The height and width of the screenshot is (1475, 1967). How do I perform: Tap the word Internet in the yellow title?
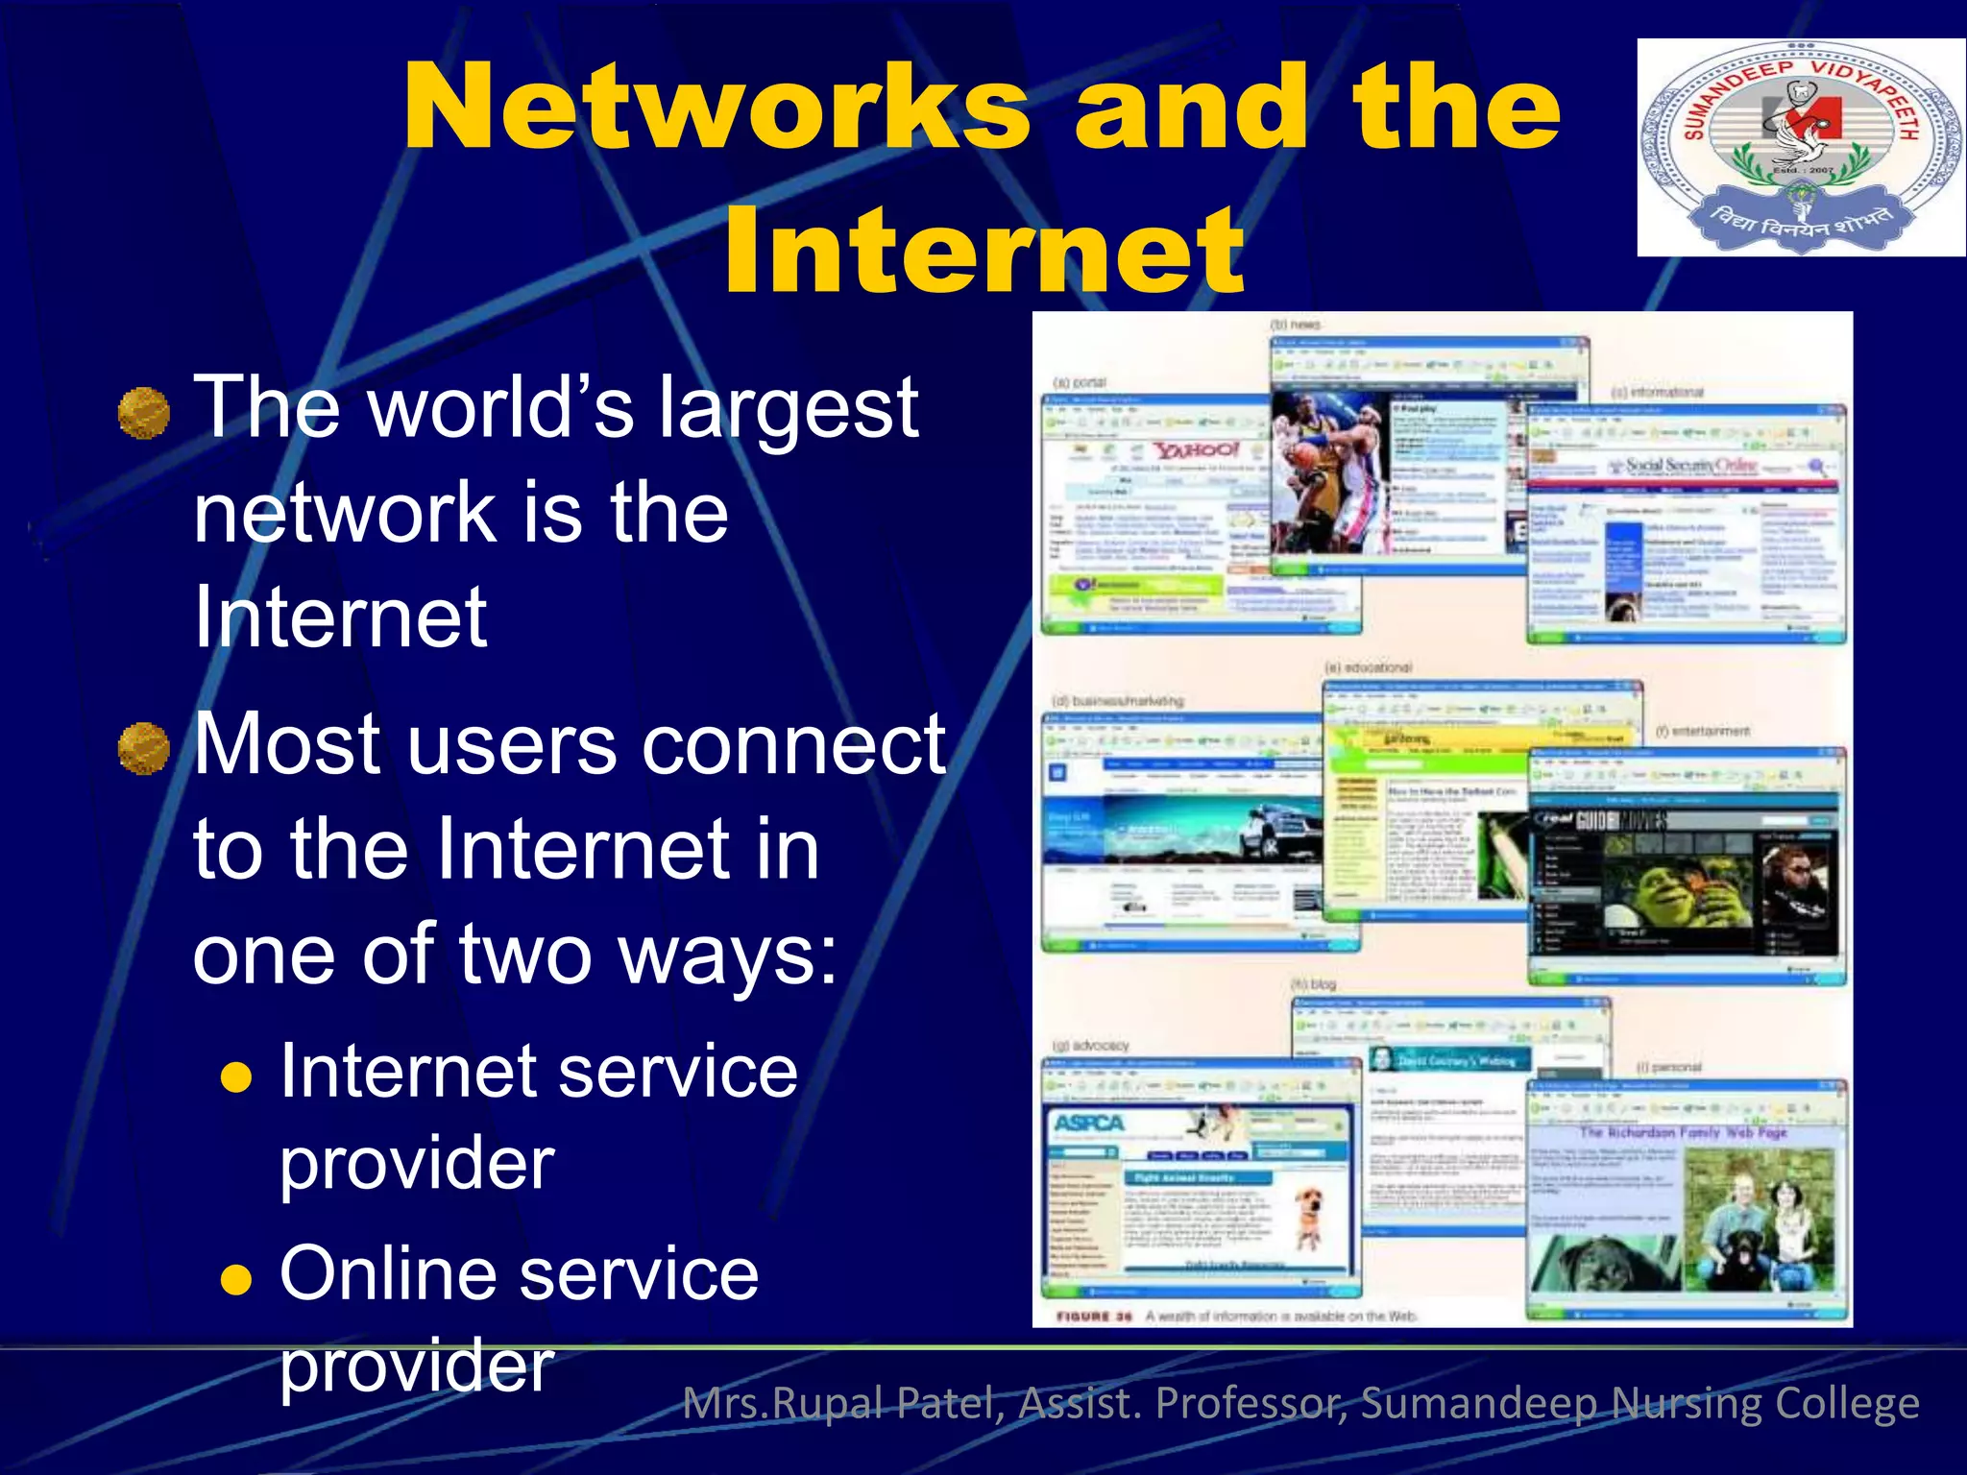(984, 252)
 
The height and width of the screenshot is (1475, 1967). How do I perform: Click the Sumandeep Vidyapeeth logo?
(1800, 147)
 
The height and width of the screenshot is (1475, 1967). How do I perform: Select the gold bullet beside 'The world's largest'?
(144, 413)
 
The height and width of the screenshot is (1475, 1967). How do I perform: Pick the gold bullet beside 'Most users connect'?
(144, 749)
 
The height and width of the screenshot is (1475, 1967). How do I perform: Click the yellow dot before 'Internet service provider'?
(236, 1077)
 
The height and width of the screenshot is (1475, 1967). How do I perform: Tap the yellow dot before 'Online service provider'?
(236, 1279)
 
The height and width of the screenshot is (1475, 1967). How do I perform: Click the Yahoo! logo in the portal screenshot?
(1196, 449)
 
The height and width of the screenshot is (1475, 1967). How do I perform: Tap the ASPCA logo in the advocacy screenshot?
(1088, 1123)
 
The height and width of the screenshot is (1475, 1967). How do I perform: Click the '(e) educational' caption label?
(1368, 666)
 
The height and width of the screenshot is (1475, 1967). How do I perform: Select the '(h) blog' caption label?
(1313, 984)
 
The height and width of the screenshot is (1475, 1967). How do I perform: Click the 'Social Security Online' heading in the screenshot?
(1690, 466)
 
